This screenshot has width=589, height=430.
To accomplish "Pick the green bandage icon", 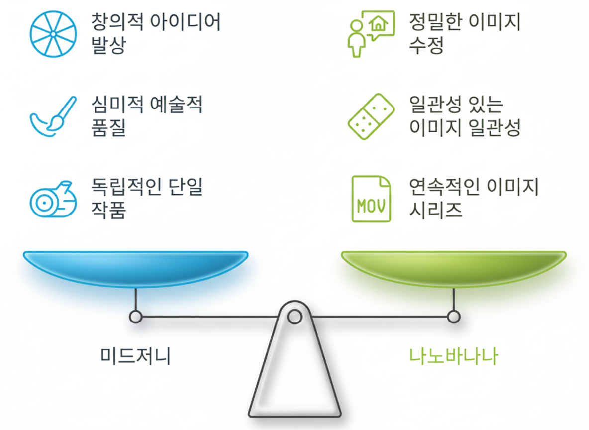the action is point(371,116).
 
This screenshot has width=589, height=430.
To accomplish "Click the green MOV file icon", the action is point(371,199).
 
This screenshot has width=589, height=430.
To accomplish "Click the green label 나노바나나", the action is point(453,356).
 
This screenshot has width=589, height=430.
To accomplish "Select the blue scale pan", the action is point(135,268).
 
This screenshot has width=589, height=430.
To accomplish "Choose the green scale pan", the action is point(453,268).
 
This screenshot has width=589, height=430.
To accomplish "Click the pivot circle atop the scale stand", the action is point(294,316).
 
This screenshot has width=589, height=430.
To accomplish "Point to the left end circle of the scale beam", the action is point(135,316).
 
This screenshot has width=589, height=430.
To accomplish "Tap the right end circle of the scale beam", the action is point(453,316).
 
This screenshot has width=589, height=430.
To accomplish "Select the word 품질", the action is point(109,127).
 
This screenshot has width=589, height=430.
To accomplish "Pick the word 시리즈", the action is point(436,210).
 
